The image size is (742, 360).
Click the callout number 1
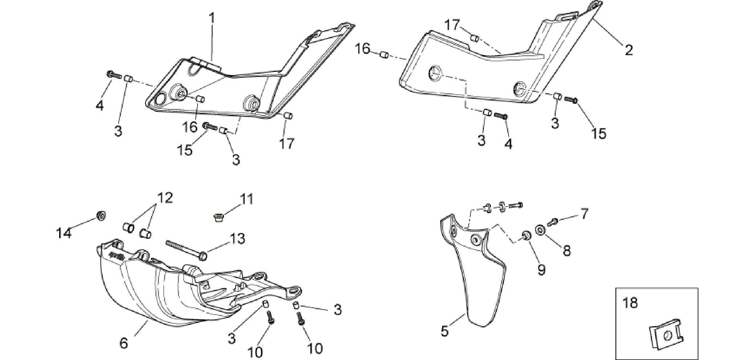tap(211, 19)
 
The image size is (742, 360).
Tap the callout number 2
tap(629, 50)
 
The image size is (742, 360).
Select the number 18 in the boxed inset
tap(630, 303)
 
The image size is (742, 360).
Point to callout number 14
tap(64, 233)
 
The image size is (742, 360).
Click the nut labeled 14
tap(101, 216)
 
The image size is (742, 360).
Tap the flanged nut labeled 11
tap(218, 218)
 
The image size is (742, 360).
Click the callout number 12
tap(165, 198)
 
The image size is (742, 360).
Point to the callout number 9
tap(541, 269)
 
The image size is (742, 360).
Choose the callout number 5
tap(445, 331)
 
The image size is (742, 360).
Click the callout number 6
tap(124, 343)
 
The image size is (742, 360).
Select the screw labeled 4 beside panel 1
tap(114, 75)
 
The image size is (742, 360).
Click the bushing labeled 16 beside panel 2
tap(384, 55)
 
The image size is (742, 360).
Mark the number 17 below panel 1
tap(287, 143)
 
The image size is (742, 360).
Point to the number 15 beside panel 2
tap(599, 134)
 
